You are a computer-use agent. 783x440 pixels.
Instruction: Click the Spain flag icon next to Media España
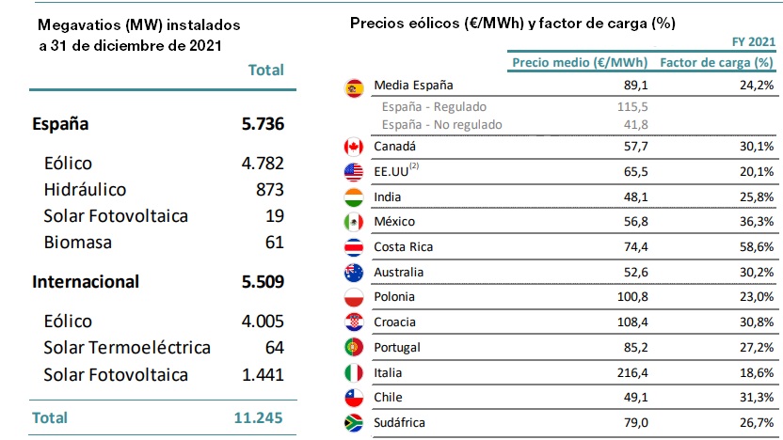coord(355,88)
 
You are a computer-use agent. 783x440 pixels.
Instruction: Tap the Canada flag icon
coord(355,147)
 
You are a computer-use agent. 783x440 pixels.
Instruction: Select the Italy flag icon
coord(355,373)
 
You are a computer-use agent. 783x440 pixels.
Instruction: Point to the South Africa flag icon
coord(355,424)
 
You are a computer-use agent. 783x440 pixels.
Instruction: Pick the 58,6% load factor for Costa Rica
coord(757,247)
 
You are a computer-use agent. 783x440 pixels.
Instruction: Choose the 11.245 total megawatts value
coord(259,416)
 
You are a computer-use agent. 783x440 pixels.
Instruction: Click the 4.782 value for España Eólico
coord(263,163)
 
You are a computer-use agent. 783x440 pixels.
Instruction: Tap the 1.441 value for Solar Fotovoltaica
coord(263,375)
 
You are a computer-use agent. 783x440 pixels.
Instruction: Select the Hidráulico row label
coord(86,189)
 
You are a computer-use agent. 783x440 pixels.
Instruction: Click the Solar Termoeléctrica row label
coord(127,348)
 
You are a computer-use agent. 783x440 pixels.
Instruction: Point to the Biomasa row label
coord(77,242)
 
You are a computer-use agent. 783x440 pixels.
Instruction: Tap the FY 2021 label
coord(753,42)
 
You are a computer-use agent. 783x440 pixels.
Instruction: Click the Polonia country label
coord(395,297)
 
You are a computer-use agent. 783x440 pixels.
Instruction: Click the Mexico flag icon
coord(355,222)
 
